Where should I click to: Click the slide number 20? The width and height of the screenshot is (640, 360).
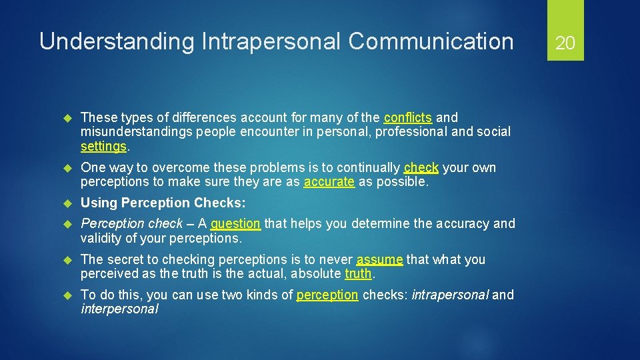pos(565,43)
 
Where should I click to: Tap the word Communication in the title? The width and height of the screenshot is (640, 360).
pos(431,42)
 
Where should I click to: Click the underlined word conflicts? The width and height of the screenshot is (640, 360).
pos(408,117)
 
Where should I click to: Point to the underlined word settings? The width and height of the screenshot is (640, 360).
pos(103,145)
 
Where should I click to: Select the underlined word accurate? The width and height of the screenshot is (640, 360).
pos(329,181)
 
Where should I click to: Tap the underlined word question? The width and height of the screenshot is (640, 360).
pos(235,223)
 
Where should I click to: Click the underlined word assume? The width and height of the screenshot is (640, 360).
pos(379,259)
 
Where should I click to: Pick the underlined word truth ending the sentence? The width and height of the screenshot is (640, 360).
pos(359,273)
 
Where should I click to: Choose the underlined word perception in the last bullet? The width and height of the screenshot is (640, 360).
pos(327,295)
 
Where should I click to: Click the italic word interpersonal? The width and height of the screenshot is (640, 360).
pos(119,309)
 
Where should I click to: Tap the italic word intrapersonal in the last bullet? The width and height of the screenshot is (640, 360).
pos(450,295)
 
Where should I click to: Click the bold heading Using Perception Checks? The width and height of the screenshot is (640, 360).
pos(163,203)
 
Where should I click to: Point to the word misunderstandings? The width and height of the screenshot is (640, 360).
pos(136,131)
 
